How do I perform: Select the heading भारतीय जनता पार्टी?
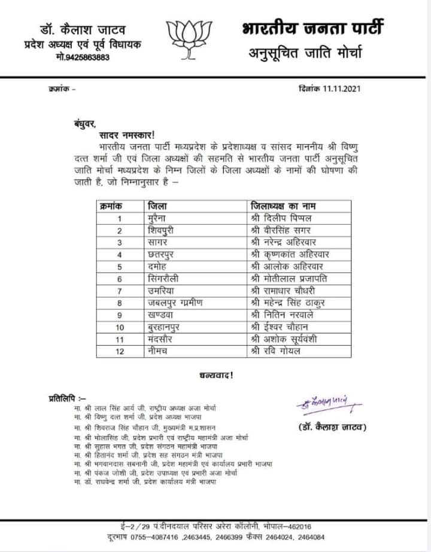click(313, 29)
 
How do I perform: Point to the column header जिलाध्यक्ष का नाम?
click(286, 206)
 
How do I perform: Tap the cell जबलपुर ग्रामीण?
click(176, 303)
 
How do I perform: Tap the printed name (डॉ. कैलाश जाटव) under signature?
click(331, 427)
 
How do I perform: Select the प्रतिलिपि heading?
click(67, 397)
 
